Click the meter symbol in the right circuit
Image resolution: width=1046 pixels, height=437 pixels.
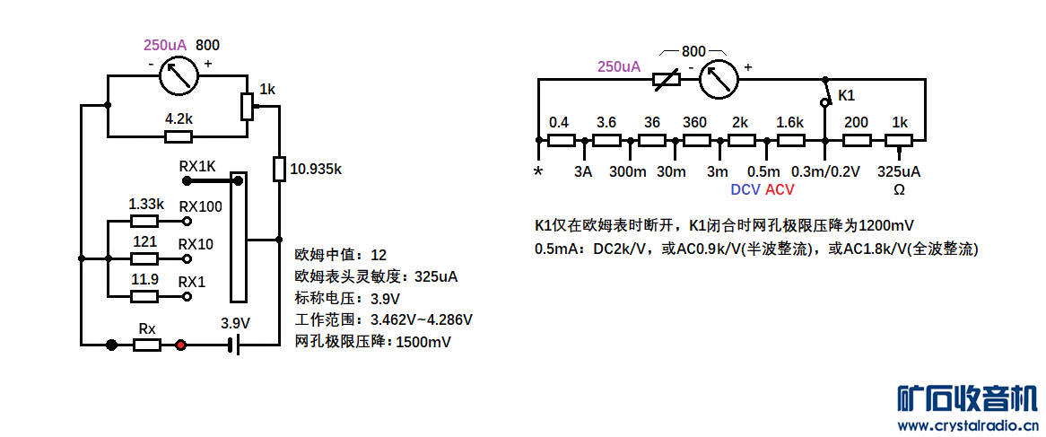coord(718,79)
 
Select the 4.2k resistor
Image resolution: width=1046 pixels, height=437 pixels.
coord(178,137)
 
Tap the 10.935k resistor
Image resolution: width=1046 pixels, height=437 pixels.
coord(279,169)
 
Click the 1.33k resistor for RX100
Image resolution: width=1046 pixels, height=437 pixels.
coord(144,220)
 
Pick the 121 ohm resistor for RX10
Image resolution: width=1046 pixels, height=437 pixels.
coord(144,258)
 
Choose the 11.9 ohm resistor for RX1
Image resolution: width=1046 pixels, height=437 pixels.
coord(144,296)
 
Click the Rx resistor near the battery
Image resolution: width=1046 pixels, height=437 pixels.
coord(146,344)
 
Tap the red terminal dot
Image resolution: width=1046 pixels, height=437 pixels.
coord(181,344)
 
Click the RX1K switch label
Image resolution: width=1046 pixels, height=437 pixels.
coord(197,166)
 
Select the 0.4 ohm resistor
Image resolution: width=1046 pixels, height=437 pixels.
coord(561,140)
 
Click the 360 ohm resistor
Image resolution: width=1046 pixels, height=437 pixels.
coord(696,140)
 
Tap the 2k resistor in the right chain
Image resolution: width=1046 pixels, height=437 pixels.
coord(742,140)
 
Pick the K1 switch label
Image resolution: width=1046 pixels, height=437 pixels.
coord(846,95)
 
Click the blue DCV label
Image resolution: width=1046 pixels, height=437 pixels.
coord(745,189)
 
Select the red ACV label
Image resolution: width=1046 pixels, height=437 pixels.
coord(780,189)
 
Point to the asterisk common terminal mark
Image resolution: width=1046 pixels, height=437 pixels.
coord(538,171)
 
